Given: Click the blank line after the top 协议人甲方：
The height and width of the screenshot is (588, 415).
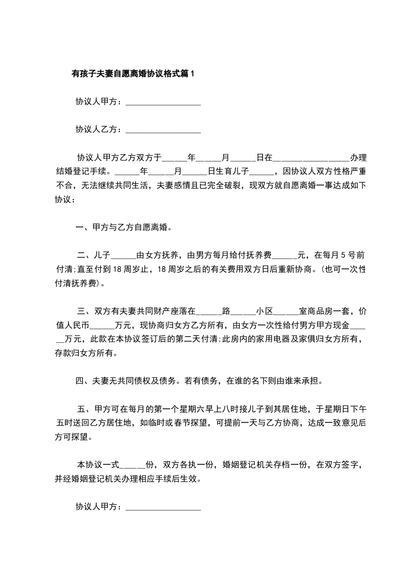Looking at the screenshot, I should click(x=163, y=102).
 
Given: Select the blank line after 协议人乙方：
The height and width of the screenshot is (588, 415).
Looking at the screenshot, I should click(x=163, y=129).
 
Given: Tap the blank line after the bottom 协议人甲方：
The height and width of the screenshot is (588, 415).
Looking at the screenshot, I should click(x=163, y=507).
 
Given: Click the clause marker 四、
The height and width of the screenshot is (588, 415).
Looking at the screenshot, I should click(x=83, y=381).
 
